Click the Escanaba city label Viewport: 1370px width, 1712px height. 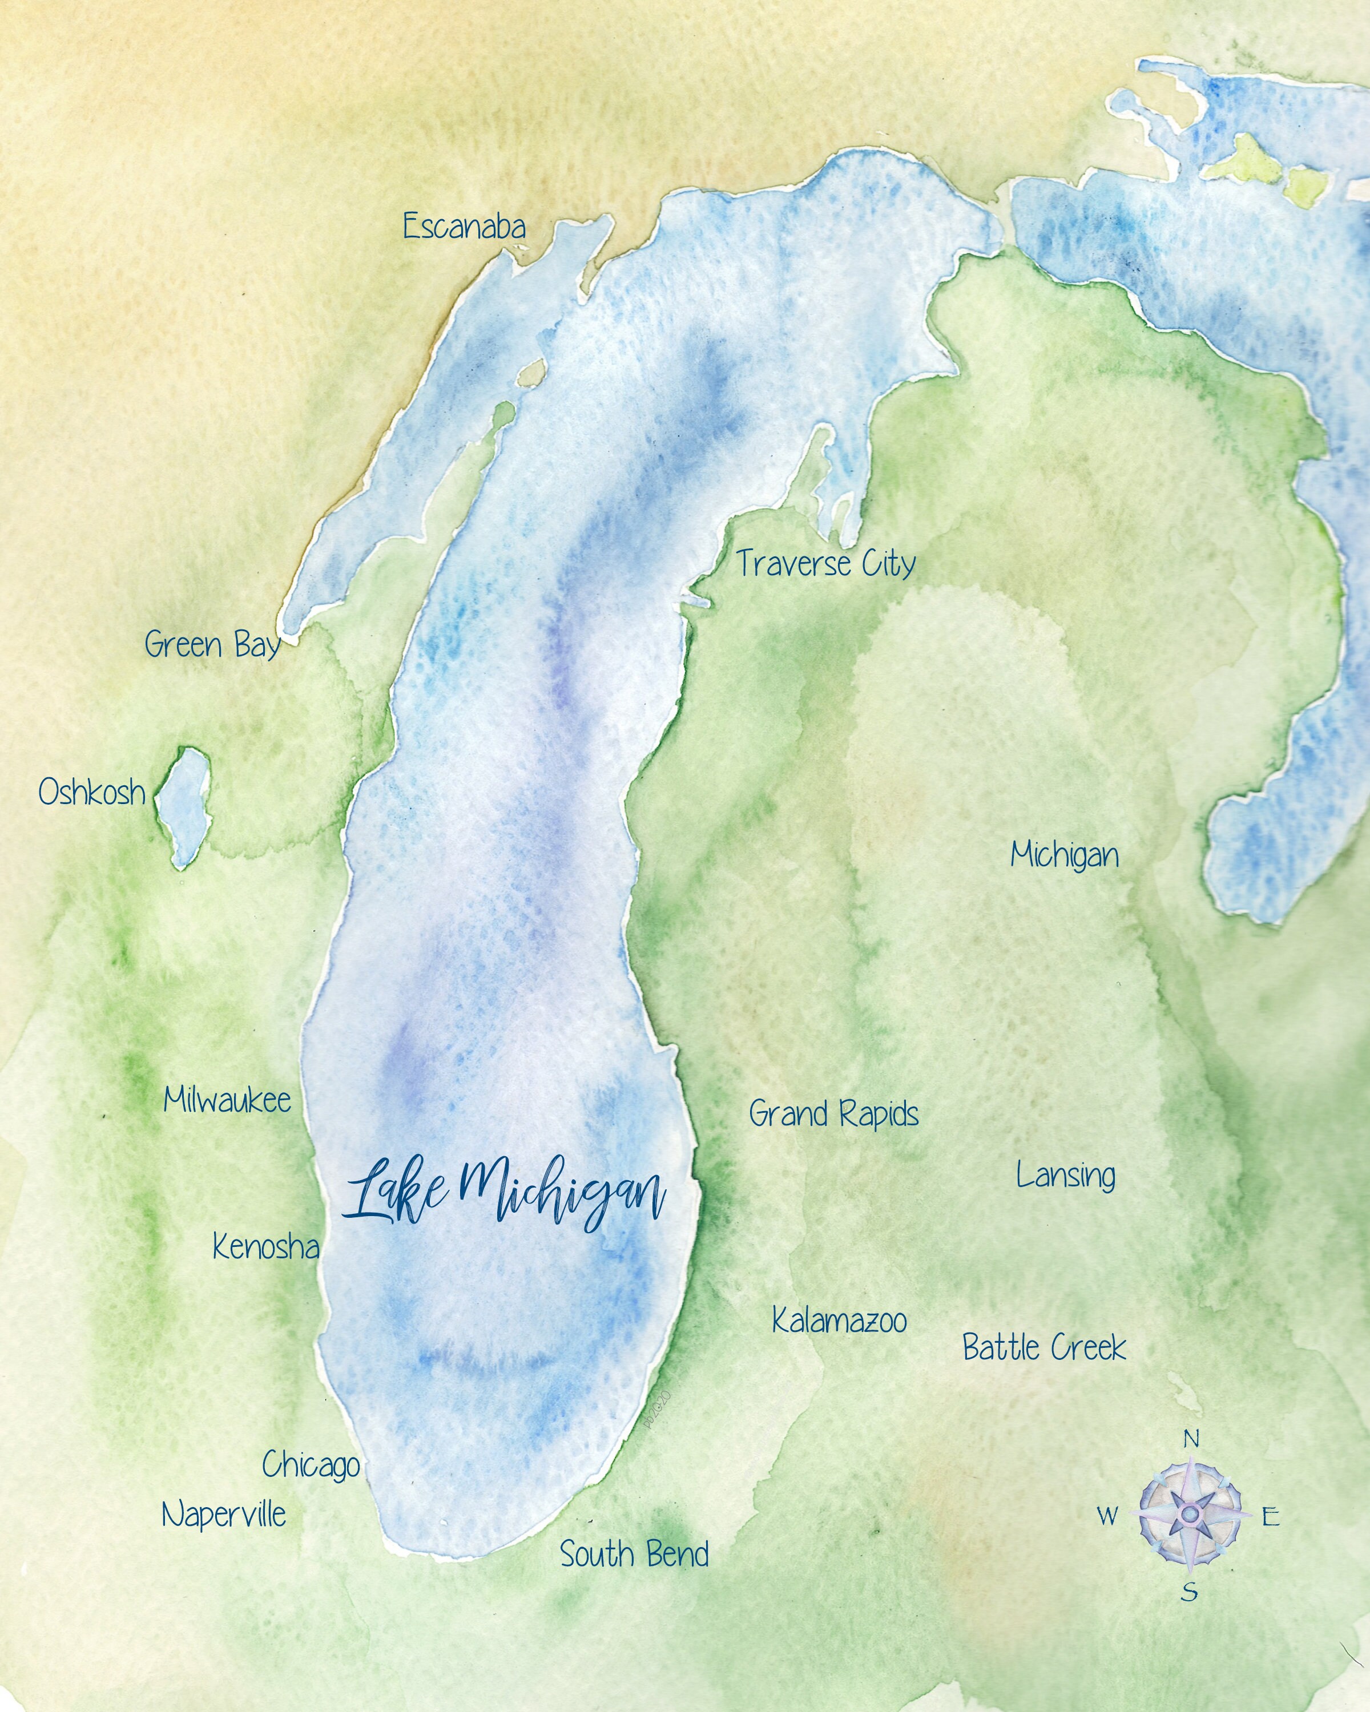[464, 227]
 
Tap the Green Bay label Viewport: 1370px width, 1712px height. [212, 645]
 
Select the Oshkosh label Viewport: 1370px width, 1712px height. [92, 793]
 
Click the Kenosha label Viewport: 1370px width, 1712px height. [265, 1247]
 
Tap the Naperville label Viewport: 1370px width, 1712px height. [224, 1515]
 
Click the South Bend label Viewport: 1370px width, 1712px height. [634, 1554]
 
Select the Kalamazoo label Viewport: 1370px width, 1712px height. [840, 1321]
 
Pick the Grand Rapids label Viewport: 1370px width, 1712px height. [834, 1114]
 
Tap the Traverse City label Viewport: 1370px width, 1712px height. [826, 564]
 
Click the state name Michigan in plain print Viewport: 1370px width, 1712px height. [1064, 856]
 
